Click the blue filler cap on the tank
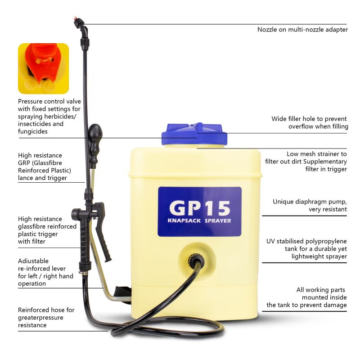194,134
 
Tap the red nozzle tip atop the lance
75,18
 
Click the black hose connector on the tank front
196,260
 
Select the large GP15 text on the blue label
199,208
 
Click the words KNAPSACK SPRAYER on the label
199,220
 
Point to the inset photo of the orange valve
43,68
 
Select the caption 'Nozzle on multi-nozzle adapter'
302,30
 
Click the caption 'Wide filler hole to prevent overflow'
310,122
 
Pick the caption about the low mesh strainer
306,162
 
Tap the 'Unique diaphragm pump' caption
310,205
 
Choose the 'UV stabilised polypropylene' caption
306,249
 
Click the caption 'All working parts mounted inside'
306,297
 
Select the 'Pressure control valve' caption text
49,116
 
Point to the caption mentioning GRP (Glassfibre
45,166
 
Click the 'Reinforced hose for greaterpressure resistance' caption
46,317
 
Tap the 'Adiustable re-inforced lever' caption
45,272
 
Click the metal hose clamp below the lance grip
84,274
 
